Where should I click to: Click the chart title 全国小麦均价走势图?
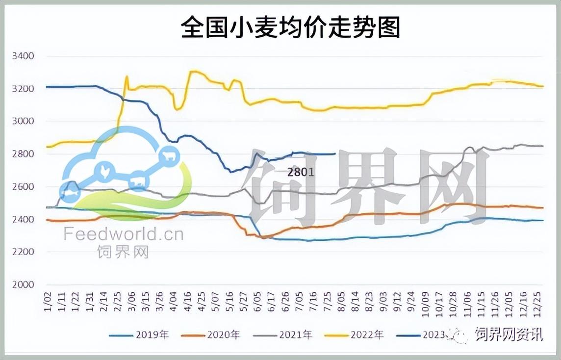click(x=290, y=28)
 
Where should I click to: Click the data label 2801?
click(x=301, y=172)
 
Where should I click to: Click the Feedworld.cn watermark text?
click(x=123, y=234)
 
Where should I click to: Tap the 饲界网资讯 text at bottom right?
click(x=509, y=334)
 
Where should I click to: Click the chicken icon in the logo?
click(x=105, y=171)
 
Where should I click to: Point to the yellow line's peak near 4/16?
click(x=193, y=72)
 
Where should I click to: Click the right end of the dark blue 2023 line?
click(x=334, y=154)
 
